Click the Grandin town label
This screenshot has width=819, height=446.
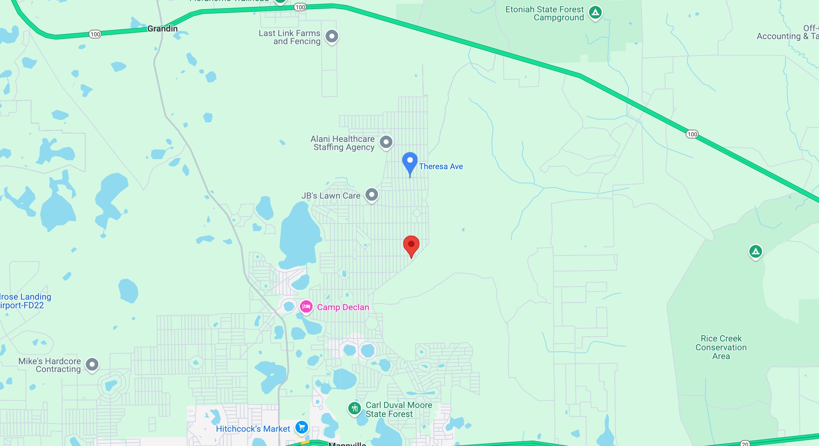pyautogui.click(x=162, y=29)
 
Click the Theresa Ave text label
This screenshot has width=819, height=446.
pyautogui.click(x=441, y=166)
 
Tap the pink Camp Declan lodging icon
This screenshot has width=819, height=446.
pyautogui.click(x=306, y=307)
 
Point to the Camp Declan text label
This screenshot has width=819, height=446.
pyautogui.click(x=343, y=307)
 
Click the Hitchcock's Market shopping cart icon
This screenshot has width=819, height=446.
pyautogui.click(x=301, y=427)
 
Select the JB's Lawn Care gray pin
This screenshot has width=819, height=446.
pyautogui.click(x=372, y=194)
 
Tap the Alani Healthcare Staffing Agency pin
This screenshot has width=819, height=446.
pyautogui.click(x=386, y=142)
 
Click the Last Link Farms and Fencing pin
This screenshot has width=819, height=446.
pyautogui.click(x=332, y=36)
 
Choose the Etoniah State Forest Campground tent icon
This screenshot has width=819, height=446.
pyautogui.click(x=595, y=13)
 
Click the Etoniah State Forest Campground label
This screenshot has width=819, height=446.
pyautogui.click(x=545, y=14)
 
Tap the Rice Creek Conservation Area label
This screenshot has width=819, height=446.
pyautogui.click(x=721, y=347)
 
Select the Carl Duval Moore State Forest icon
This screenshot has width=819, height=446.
pyautogui.click(x=355, y=408)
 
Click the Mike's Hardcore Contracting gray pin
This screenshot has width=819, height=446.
pyautogui.click(x=92, y=365)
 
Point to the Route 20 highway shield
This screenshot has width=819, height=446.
pyautogui.click(x=745, y=444)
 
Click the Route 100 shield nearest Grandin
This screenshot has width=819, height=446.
pyautogui.click(x=95, y=34)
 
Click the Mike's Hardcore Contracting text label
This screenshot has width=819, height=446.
pyautogui.click(x=50, y=365)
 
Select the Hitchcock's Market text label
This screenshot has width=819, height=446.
pyautogui.click(x=253, y=429)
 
